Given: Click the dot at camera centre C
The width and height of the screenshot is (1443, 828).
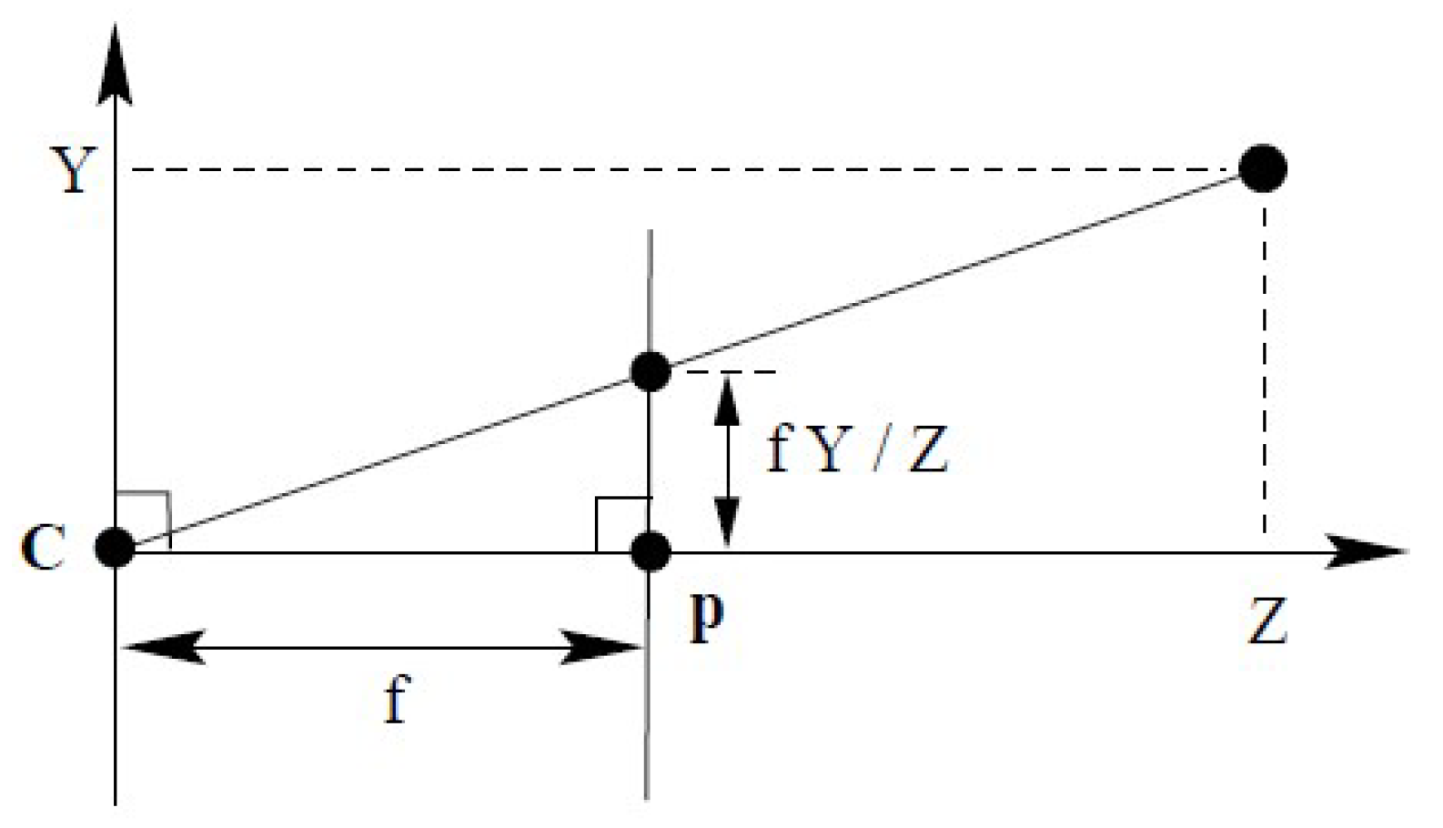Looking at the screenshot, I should point(116,549).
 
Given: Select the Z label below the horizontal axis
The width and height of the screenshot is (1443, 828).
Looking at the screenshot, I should point(1266,622).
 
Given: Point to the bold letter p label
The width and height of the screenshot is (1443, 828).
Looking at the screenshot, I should point(707,619).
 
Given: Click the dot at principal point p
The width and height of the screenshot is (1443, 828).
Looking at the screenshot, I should point(650,550).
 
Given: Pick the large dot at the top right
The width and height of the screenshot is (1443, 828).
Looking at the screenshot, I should point(1263,168).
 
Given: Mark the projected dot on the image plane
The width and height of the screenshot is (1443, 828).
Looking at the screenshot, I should point(650,371).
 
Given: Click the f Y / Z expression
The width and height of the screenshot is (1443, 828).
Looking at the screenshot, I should point(858,449).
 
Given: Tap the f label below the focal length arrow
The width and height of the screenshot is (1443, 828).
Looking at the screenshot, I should point(395,701).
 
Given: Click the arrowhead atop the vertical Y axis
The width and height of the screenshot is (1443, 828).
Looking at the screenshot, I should point(115,68).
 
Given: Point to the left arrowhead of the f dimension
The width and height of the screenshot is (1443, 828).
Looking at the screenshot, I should point(164,648).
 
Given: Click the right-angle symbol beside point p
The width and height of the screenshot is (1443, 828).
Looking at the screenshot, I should point(621,524).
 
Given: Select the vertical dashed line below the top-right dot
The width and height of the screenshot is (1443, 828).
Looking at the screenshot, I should point(1264,364).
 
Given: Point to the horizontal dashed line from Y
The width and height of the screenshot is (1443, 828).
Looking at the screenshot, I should point(682,169).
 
